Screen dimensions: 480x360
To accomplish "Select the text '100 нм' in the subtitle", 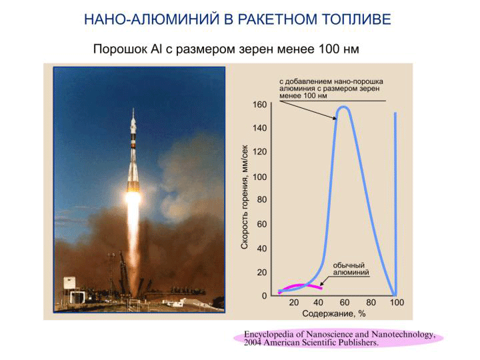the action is pos(339,49).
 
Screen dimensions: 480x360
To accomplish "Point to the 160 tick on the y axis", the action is pos(259,105).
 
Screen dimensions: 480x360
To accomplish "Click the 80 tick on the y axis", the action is pos(262,199).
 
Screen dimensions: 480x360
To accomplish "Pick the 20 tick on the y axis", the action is pos(262,272).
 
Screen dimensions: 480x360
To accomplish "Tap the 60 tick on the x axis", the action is pos(345,303).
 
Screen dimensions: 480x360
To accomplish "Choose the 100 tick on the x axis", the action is pos(397,303).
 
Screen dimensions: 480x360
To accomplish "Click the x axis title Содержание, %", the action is pos(334,314).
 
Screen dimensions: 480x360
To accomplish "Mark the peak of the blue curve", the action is pos(343,107).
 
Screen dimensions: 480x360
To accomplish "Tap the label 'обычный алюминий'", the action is pos(351,269).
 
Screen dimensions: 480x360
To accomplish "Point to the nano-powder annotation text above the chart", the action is pos(331,89).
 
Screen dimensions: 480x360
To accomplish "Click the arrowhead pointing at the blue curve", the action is pos(334,118).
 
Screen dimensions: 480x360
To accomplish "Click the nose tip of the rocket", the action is pos(133,108).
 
